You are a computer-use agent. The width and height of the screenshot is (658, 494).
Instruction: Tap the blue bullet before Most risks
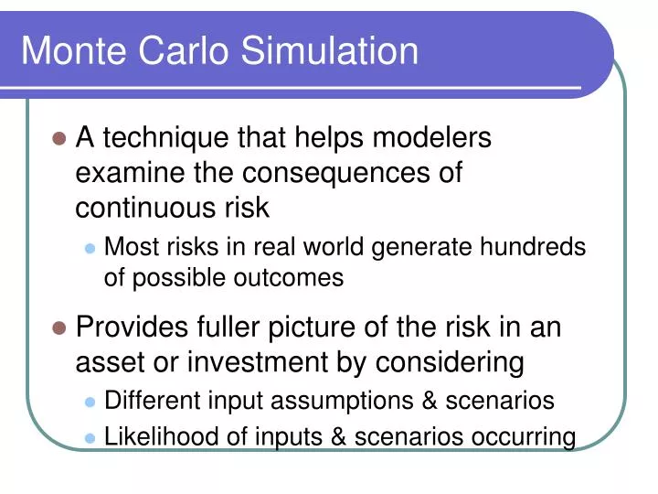[90, 248]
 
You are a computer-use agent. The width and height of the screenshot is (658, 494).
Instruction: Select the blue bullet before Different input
[90, 402]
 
